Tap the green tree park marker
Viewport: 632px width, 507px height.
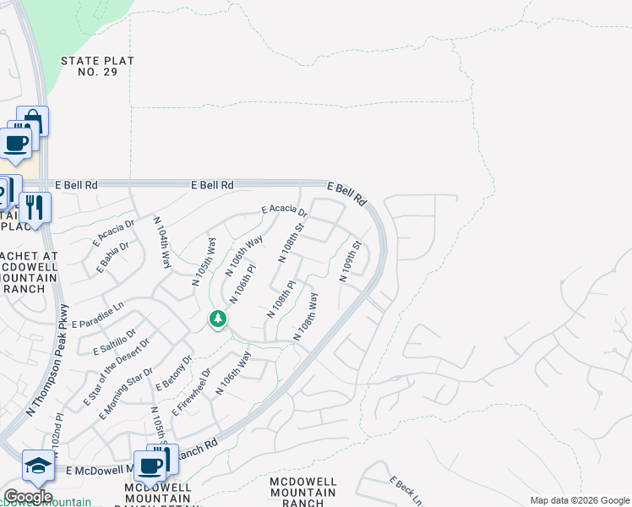(x=218, y=319)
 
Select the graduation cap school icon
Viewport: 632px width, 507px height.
(x=38, y=465)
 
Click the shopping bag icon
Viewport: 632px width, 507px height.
(x=33, y=120)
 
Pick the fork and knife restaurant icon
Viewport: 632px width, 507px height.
(x=35, y=206)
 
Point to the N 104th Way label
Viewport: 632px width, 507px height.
(x=162, y=243)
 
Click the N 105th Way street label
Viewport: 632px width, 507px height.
(x=204, y=261)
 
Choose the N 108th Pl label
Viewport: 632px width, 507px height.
(x=281, y=299)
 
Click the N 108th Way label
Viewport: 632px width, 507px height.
(x=306, y=317)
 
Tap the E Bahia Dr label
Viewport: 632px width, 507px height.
(x=112, y=259)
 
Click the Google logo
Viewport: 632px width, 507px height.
(x=27, y=497)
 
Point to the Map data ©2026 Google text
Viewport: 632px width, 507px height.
(x=579, y=500)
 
